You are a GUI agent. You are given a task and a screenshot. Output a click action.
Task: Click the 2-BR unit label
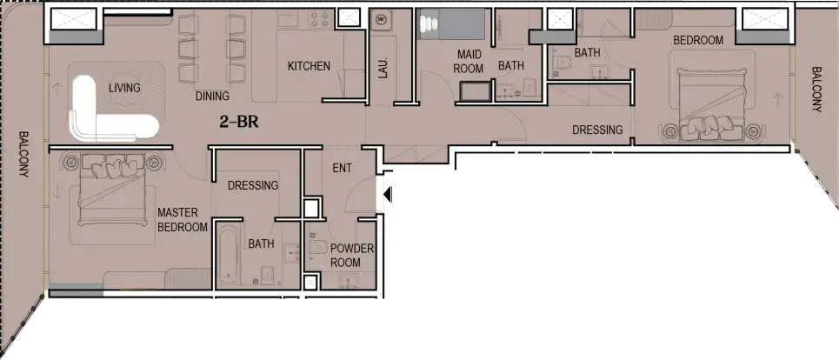pyautogui.click(x=239, y=122)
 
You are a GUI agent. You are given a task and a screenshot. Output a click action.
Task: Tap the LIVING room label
pyautogui.click(x=124, y=88)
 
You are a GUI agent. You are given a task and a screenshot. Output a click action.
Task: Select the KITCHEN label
pyautogui.click(x=309, y=66)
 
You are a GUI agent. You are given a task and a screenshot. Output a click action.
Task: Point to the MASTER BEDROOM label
pyautogui.click(x=183, y=220)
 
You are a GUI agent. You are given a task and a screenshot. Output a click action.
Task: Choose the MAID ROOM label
pyautogui.click(x=469, y=62)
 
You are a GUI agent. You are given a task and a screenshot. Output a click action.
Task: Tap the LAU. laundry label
pyautogui.click(x=383, y=68)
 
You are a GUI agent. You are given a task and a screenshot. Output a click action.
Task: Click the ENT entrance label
pyautogui.click(x=343, y=168)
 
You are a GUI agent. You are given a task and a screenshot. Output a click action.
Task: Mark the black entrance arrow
pyautogui.click(x=388, y=194)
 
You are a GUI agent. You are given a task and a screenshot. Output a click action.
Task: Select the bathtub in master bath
pyautogui.click(x=230, y=255)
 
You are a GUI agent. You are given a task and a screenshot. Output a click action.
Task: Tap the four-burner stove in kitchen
pyautogui.click(x=320, y=20)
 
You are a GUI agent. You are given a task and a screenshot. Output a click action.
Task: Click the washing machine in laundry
pyautogui.click(x=381, y=20)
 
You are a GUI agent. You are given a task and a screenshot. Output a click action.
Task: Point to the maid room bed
pyautogui.click(x=453, y=23)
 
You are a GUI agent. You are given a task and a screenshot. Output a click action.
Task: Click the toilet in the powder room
pyautogui.click(x=318, y=248)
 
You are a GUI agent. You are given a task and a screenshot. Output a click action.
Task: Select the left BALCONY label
pyautogui.click(x=23, y=155)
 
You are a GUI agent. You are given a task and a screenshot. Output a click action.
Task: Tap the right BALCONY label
pyautogui.click(x=816, y=89)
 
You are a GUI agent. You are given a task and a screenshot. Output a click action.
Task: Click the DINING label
pyautogui.click(x=212, y=97)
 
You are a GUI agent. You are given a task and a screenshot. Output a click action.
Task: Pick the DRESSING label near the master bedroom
pyautogui.click(x=253, y=185)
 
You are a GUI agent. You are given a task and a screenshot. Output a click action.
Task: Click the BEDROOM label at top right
pyautogui.click(x=698, y=40)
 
